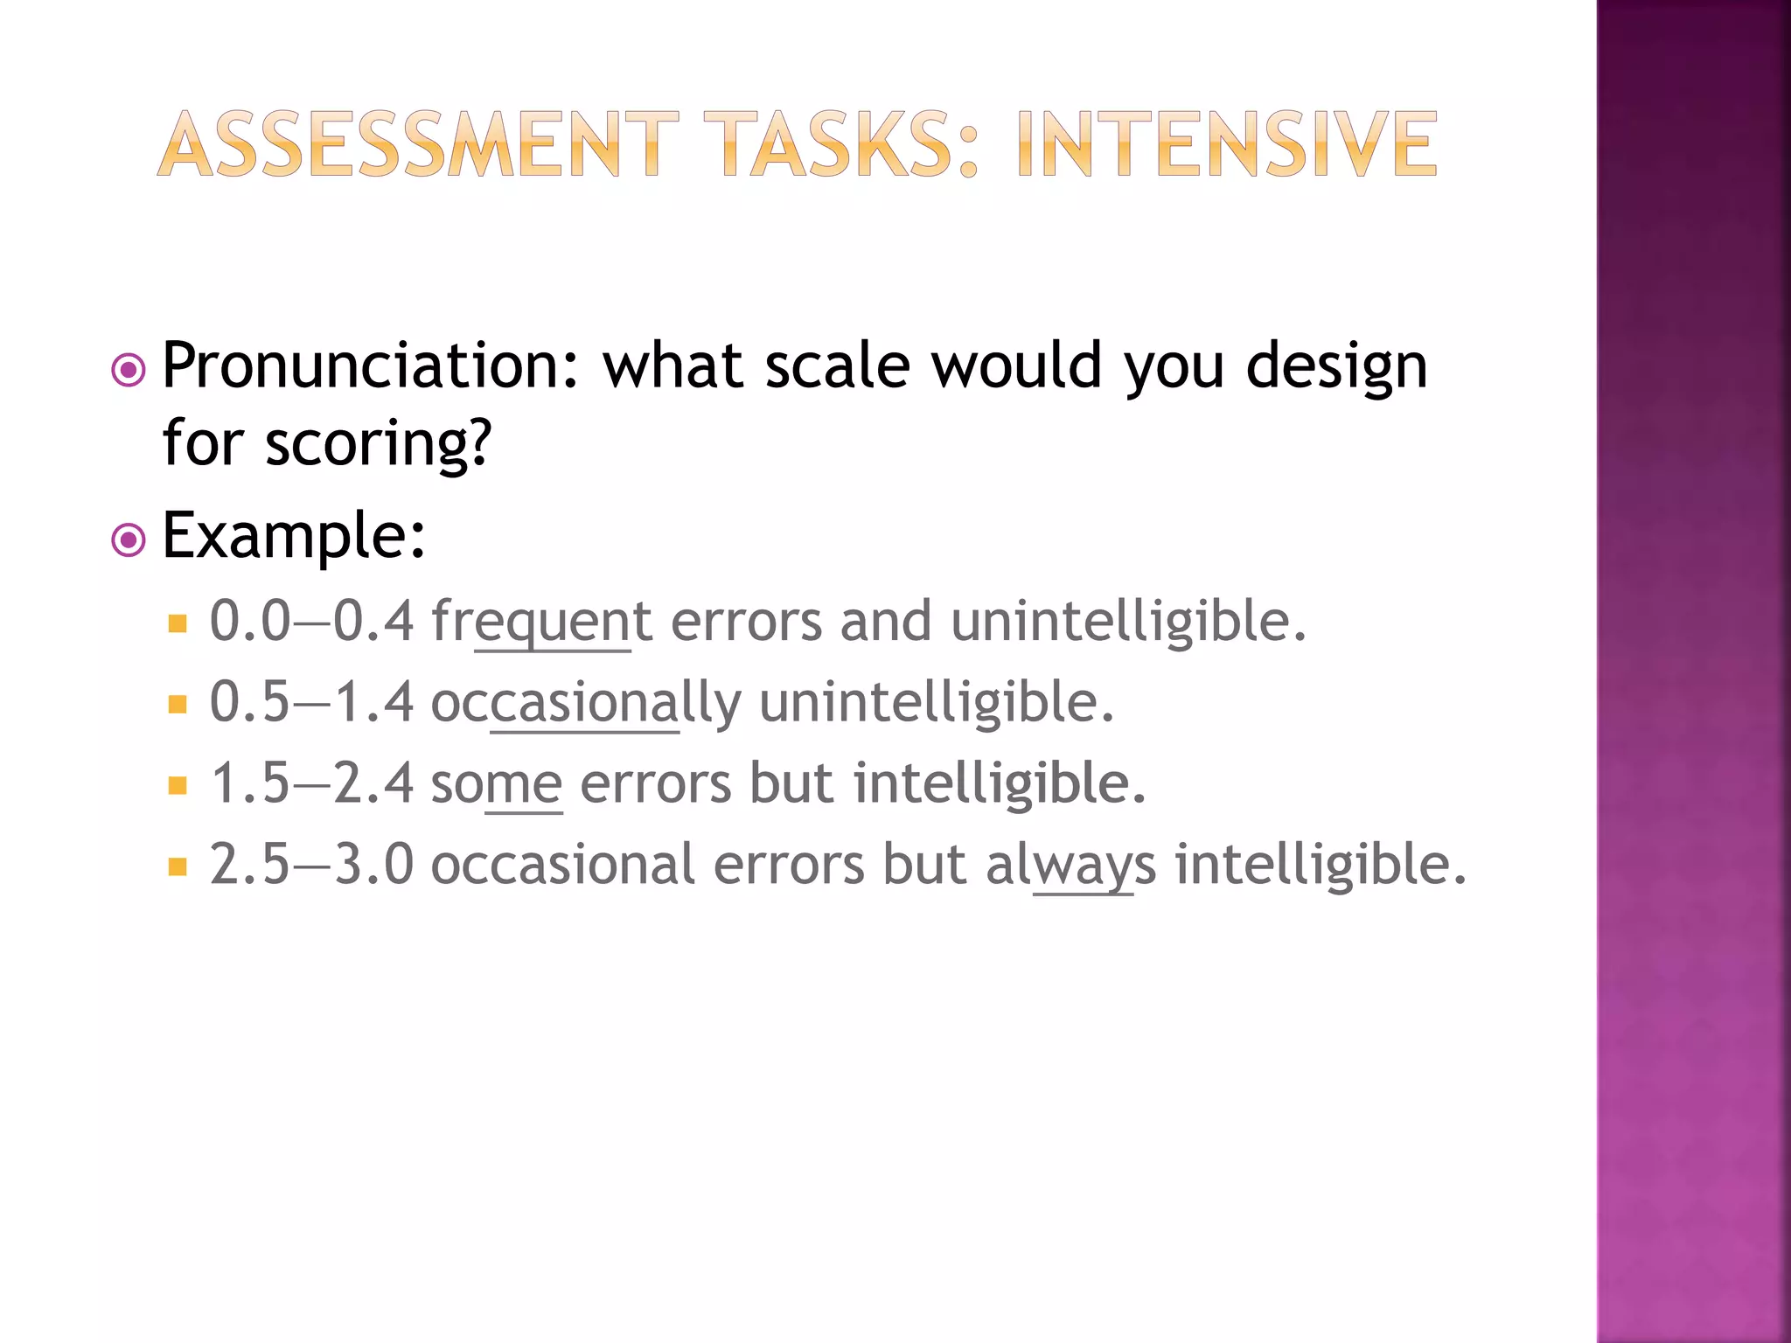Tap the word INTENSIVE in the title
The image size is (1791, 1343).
[1227, 144]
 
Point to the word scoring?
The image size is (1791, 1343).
[380, 444]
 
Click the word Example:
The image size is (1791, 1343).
[294, 535]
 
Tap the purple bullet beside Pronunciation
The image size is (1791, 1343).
[129, 371]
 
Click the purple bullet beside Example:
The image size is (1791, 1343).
[129, 540]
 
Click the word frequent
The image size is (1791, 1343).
[541, 623]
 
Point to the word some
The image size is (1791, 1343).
[497, 784]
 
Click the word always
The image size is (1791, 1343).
[1070, 866]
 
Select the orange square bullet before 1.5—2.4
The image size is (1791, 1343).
[178, 785]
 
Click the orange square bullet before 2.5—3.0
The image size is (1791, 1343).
[178, 866]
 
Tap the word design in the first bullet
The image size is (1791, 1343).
[1336, 367]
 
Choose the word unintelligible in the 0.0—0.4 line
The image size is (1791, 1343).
[1128, 623]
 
